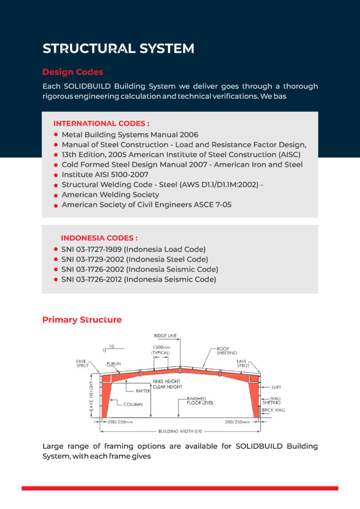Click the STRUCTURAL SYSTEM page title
click(118, 48)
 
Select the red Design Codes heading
click(73, 72)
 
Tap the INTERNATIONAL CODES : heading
click(101, 123)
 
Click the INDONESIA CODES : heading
click(99, 238)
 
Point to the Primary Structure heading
click(82, 320)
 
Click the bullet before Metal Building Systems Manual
click(56, 135)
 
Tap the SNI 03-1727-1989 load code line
click(133, 249)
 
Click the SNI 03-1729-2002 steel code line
click(134, 259)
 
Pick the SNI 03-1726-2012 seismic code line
click(138, 279)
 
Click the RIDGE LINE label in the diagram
click(165, 336)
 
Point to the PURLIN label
click(114, 364)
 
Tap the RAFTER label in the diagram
click(143, 391)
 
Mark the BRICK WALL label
click(273, 410)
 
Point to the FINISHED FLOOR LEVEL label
click(200, 401)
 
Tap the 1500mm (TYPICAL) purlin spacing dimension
click(161, 349)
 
